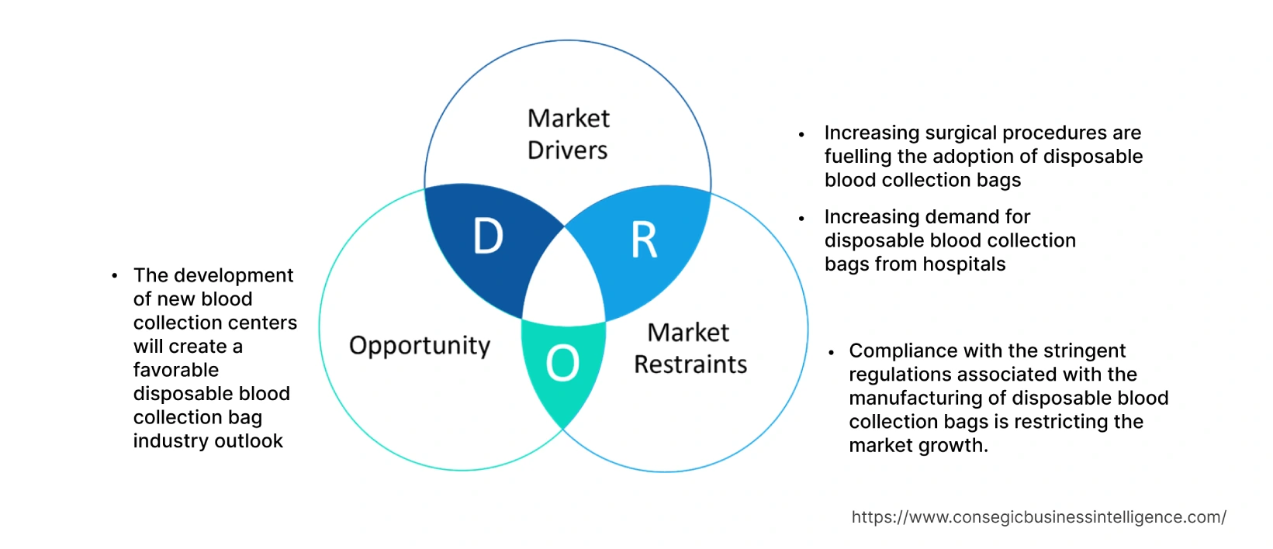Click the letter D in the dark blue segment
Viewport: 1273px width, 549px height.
488,236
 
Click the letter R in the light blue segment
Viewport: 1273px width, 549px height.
644,240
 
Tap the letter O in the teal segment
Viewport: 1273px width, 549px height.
562,363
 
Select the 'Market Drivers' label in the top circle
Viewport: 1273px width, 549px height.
568,133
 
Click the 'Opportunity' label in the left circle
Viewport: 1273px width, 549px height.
420,345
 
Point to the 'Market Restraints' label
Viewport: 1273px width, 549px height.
690,348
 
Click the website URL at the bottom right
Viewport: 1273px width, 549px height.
1038,517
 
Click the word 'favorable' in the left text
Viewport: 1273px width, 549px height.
175,370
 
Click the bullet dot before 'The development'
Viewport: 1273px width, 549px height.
115,275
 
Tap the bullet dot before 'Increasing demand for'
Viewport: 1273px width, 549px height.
801,219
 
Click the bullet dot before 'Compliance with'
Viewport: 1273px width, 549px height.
831,352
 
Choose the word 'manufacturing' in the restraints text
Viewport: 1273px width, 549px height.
912,398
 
